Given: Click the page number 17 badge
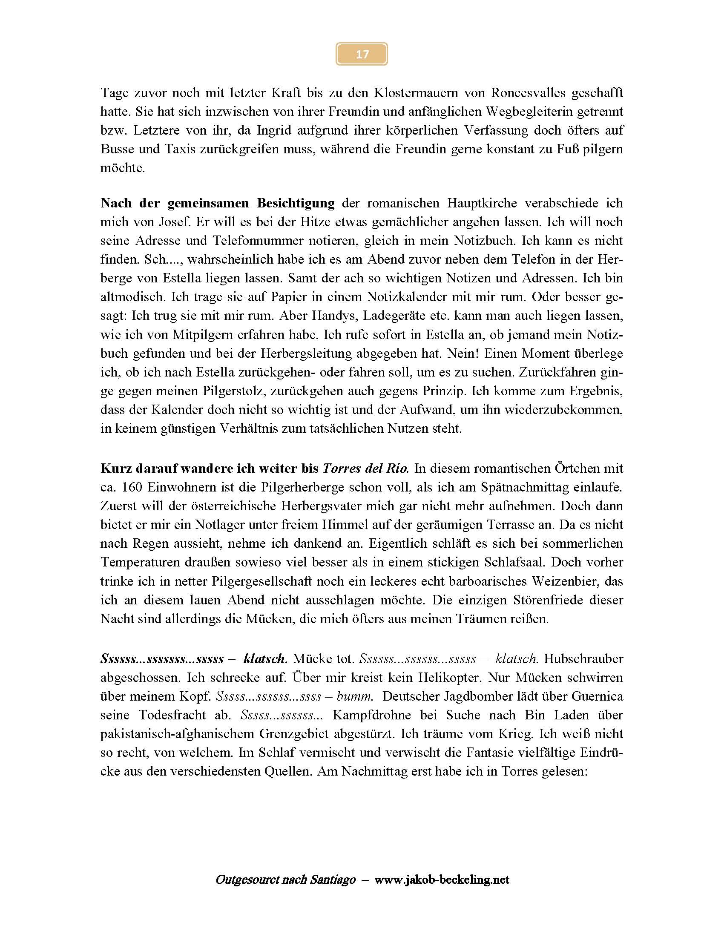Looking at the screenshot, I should point(362,54).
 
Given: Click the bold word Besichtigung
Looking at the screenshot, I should point(296,203).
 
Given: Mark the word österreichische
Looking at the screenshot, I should point(233,506).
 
